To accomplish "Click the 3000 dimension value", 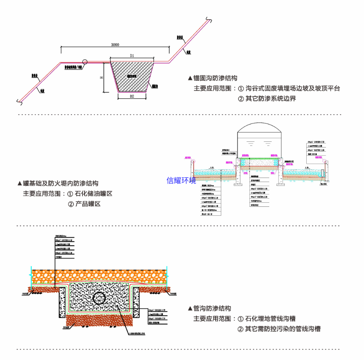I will pos(115,45).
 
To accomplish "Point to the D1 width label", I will pos(132,55).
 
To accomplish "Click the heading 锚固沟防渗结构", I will pos(212,78).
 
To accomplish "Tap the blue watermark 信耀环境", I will pos(181,180).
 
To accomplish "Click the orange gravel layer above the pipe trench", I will pos(100,276).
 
